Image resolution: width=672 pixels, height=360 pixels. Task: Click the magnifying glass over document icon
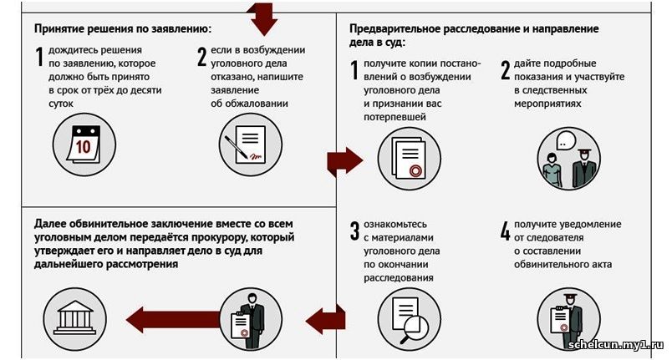coord(409,319)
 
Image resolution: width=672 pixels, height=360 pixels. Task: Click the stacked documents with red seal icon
coord(409,160)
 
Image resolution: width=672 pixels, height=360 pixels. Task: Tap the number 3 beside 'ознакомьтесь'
coord(354,231)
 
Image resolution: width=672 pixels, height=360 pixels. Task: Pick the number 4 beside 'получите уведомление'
coord(504,231)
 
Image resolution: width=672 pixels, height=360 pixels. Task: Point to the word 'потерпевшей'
coord(395,117)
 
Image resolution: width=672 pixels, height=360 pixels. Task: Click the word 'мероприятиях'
coord(548,104)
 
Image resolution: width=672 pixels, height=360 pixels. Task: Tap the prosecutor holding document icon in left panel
coord(250,317)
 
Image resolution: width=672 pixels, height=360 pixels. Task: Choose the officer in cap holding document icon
coord(568,319)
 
